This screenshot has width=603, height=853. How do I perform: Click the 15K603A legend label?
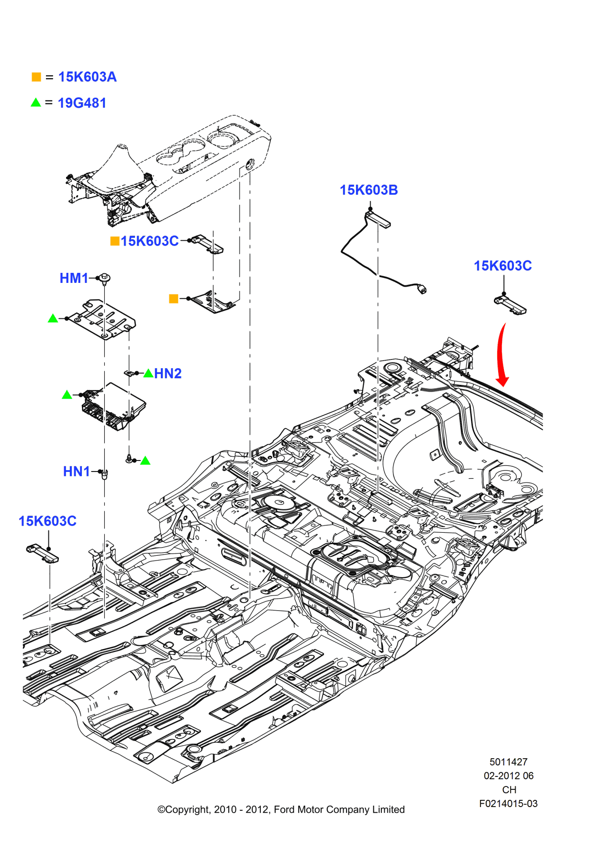(87, 77)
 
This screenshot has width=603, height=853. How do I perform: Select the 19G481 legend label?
(82, 103)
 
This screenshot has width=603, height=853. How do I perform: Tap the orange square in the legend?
(36, 77)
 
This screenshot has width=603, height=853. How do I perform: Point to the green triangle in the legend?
(36, 102)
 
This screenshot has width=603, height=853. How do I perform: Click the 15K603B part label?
(368, 190)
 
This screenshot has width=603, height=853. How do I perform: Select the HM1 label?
(74, 278)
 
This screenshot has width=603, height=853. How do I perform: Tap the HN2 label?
(167, 373)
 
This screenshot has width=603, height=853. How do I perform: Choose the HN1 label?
(77, 471)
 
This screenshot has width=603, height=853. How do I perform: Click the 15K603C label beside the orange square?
(149, 241)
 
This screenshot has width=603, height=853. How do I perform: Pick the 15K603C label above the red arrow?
(502, 266)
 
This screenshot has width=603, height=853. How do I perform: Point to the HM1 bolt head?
(105, 278)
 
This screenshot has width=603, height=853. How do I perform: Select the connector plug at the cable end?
(421, 289)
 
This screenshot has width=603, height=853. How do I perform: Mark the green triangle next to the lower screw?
(145, 461)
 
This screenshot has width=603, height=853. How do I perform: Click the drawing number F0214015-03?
(508, 804)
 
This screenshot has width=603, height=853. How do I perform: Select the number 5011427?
(508, 762)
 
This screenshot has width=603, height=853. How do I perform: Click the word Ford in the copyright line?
(284, 809)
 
